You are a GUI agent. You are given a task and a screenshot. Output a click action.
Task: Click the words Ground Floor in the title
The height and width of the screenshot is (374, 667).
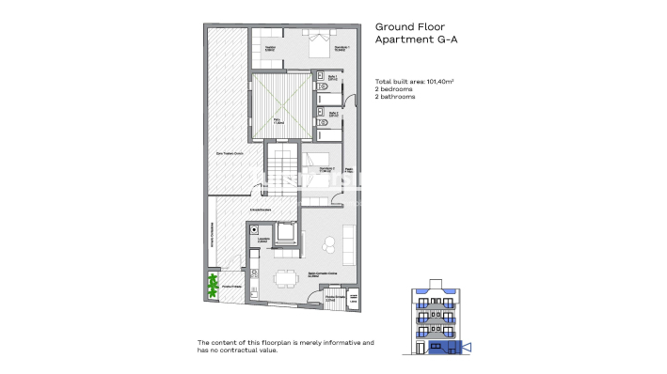(x=409, y=27)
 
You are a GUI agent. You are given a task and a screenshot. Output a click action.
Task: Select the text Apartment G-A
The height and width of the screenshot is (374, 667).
(x=418, y=40)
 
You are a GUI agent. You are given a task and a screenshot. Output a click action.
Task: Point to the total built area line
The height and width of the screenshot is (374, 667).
(x=414, y=82)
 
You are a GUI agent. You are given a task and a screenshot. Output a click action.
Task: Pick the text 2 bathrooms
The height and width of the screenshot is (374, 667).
(x=395, y=97)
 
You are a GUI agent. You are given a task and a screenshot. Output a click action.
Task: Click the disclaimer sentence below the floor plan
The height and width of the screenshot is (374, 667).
(x=286, y=346)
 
